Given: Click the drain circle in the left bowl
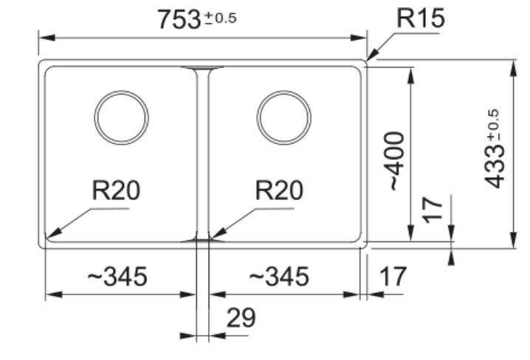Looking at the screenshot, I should [x=121, y=117].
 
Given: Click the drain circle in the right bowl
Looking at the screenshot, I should [x=283, y=117].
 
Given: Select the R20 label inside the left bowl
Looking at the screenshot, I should [x=116, y=191].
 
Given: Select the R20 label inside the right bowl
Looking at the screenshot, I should [x=278, y=191].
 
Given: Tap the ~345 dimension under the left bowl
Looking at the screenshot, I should [x=117, y=277].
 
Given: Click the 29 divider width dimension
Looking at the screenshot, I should [x=241, y=318].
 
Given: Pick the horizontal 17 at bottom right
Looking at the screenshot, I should [x=393, y=277].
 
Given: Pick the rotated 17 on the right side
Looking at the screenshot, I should [x=436, y=209].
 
